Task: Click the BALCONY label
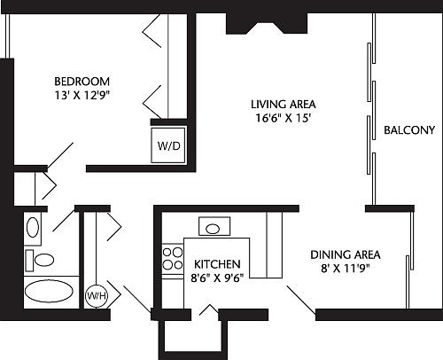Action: [408, 131]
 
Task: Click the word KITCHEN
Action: [214, 263]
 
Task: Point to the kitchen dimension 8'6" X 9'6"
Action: [214, 277]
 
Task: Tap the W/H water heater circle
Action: [95, 295]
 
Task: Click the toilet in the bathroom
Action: [39, 259]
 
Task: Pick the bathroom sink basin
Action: [34, 228]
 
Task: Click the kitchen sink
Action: [213, 228]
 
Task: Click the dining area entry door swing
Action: [299, 299]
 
